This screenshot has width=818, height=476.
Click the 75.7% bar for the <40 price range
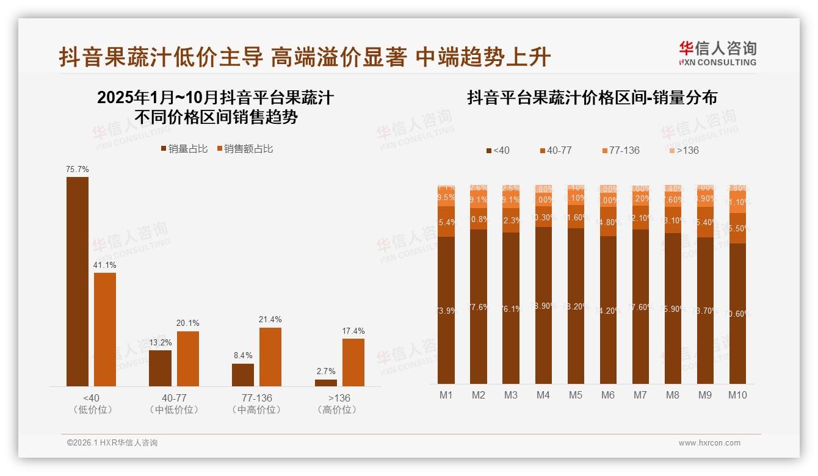click(x=78, y=281)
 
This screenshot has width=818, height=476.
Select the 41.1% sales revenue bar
click(x=105, y=329)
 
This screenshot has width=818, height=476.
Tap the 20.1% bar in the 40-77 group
click(x=188, y=359)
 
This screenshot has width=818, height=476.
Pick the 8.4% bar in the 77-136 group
click(x=243, y=375)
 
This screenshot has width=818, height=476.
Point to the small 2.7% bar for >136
click(x=326, y=383)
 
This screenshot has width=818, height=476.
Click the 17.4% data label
click(x=353, y=331)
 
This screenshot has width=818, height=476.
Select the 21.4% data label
click(x=270, y=320)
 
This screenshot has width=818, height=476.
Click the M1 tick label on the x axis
click(x=446, y=395)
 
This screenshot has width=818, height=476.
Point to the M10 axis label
click(x=737, y=395)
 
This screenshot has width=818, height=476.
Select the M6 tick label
click(x=608, y=395)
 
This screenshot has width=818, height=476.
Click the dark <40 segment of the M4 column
click(x=543, y=305)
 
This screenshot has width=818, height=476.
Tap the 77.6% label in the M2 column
click(x=479, y=307)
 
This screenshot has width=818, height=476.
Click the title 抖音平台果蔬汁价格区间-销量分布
click(x=592, y=98)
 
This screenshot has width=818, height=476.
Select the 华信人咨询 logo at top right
click(x=717, y=52)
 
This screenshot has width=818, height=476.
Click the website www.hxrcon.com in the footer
click(x=709, y=443)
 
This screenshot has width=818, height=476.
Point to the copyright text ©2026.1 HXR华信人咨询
click(x=112, y=443)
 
